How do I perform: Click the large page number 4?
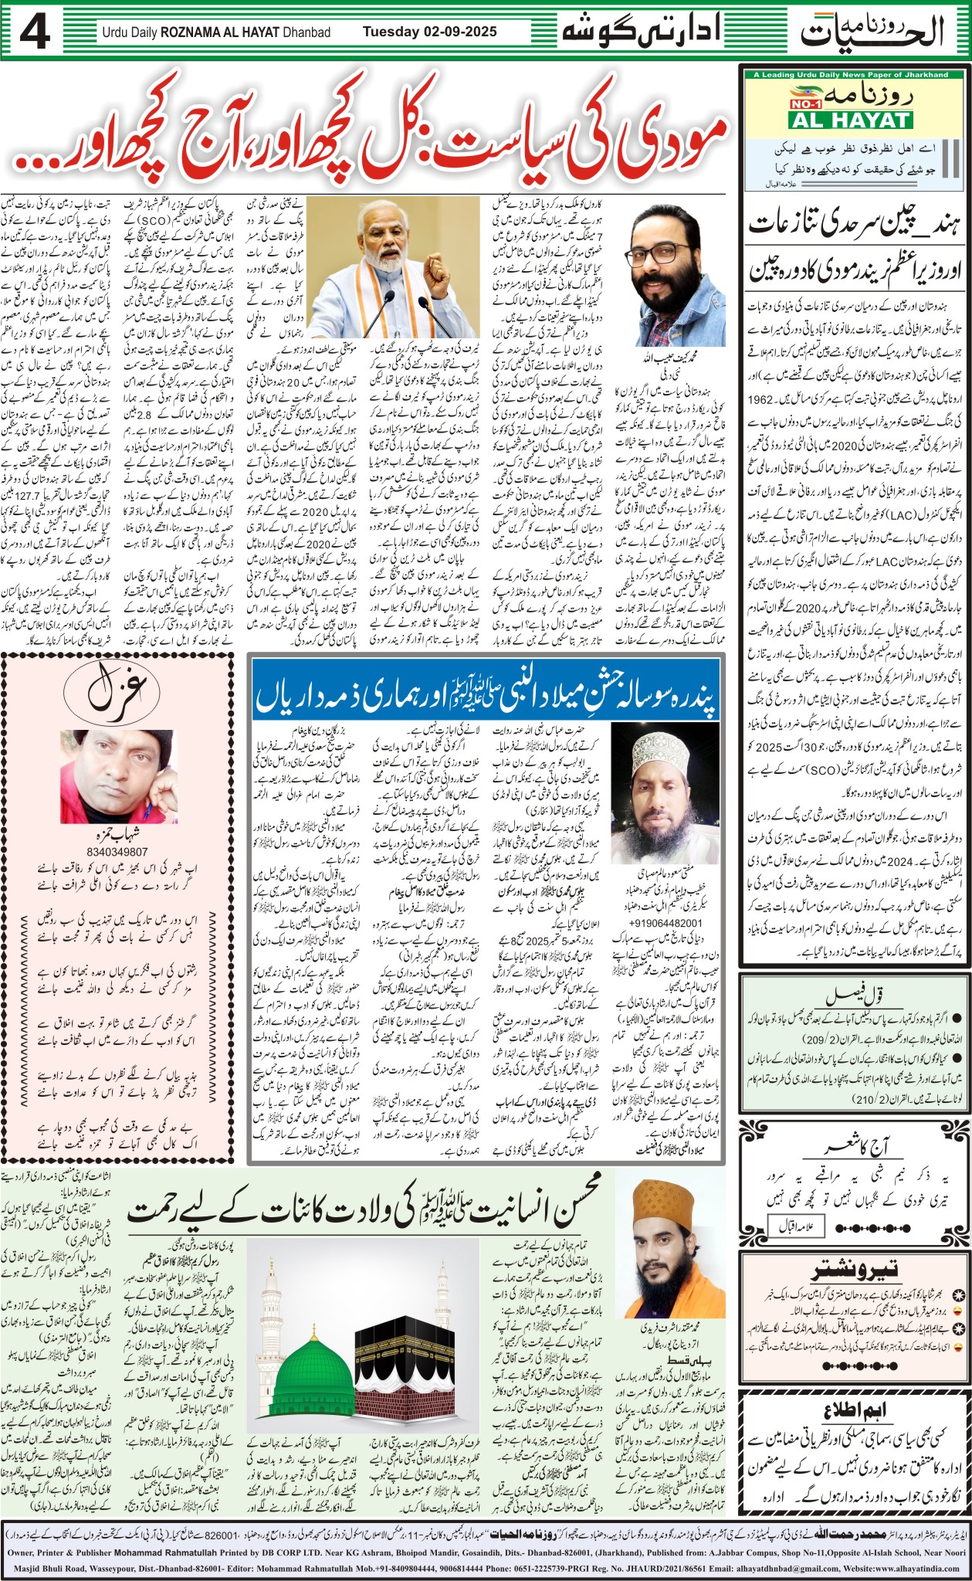[36, 32]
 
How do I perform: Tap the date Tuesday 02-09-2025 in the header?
[429, 32]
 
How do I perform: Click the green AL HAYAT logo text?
[850, 120]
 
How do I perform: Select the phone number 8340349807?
[118, 851]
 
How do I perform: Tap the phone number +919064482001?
[665, 923]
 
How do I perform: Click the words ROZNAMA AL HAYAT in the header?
[245, 32]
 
